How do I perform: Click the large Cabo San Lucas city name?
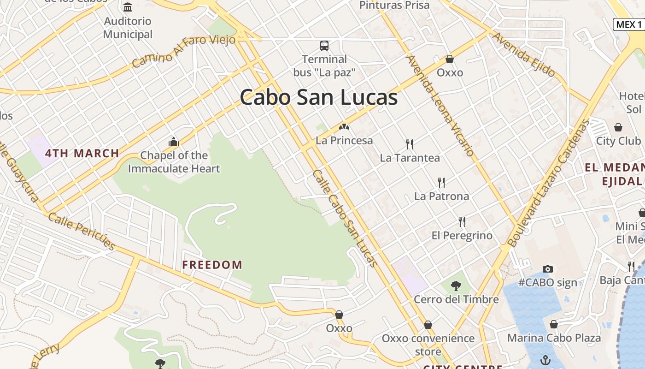coord(318,97)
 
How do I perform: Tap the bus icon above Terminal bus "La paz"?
coord(324,46)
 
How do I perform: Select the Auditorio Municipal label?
coord(128,28)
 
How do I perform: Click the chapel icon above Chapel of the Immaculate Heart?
coord(174,142)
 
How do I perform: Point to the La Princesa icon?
coord(344,126)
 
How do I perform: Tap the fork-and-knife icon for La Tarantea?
coord(409,144)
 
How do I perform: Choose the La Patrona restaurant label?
coord(441,196)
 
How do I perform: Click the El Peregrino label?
coord(462,235)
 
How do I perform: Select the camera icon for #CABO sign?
coord(547,269)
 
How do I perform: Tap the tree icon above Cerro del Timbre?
coord(456,286)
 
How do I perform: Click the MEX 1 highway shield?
coord(628,24)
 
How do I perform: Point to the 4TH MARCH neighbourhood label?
coord(82,153)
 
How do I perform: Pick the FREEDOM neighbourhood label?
coord(212,265)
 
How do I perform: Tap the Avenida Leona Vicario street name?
coord(440,106)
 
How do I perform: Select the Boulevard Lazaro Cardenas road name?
coord(548,183)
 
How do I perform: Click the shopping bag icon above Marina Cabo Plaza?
coord(554,324)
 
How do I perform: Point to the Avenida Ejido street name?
coord(524,54)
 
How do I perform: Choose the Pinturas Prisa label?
coord(394,5)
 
